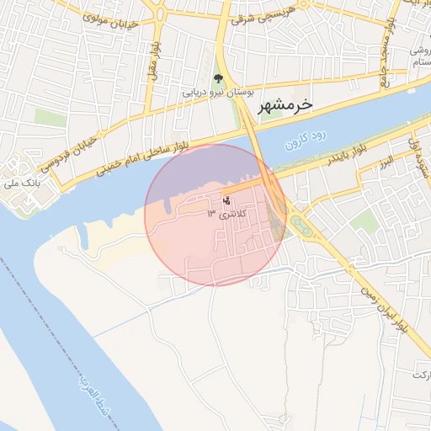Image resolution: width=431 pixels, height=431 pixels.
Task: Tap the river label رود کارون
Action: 304,139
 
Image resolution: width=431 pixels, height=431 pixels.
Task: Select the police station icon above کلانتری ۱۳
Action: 225,200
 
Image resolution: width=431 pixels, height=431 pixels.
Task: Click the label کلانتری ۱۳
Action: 222,215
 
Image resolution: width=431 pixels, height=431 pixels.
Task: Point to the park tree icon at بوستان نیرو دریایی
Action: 218,79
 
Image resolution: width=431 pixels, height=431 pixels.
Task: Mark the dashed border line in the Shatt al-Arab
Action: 51,320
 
